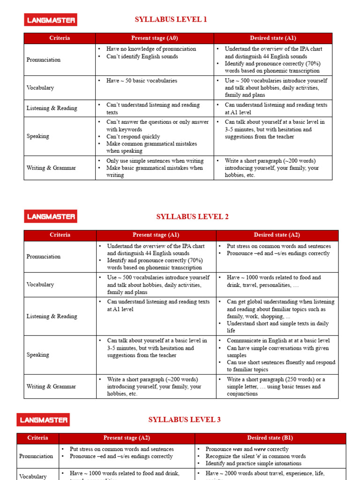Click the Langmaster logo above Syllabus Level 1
pyautogui.click(x=51, y=20)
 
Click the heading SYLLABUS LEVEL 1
pyautogui.click(x=171, y=20)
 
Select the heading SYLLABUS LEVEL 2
pyautogui.click(x=192, y=217)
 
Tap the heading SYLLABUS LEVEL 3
pyautogui.click(x=184, y=420)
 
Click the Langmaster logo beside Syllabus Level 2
pyautogui.click(x=51, y=217)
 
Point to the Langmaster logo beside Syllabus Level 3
pyautogui.click(x=43, y=420)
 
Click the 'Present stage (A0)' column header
pyautogui.click(x=154, y=38)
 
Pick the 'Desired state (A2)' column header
pyautogui.click(x=277, y=235)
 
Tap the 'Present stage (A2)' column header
pyautogui.click(x=127, y=438)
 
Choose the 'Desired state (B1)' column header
pyautogui.click(x=270, y=438)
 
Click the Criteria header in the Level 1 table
pyautogui.click(x=60, y=38)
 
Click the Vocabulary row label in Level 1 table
pyautogui.click(x=40, y=88)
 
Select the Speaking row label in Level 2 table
pyautogui.click(x=38, y=355)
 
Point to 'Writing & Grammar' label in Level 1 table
pyautogui.click(x=51, y=168)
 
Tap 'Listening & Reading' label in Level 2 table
pyautogui.click(x=52, y=316)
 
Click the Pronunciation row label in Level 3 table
pyautogui.click(x=36, y=456)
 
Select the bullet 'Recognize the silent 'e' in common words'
pyautogui.click(x=255, y=456)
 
